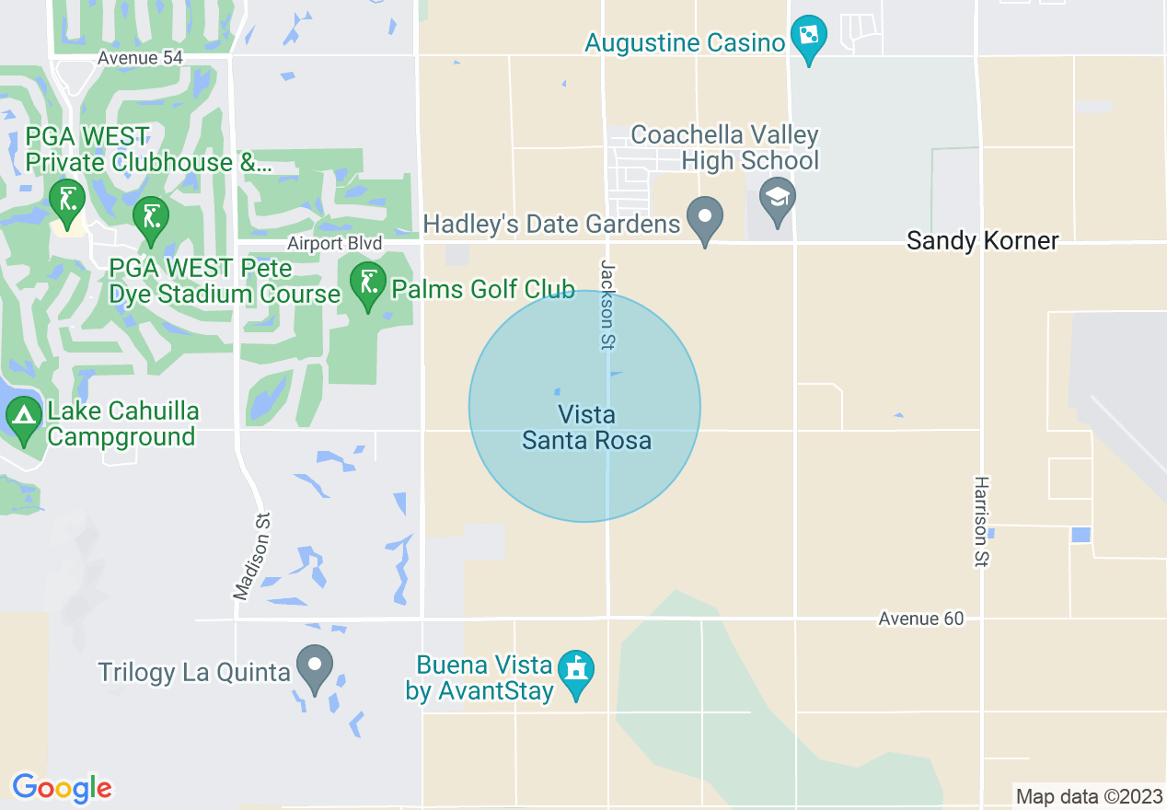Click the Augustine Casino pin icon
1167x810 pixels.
click(x=808, y=38)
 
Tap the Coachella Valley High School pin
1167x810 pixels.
click(x=778, y=200)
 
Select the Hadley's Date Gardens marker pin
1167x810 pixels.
click(x=705, y=219)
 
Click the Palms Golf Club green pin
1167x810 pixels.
click(x=368, y=283)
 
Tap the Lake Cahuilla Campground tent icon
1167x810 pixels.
click(x=24, y=418)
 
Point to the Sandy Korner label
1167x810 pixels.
click(x=982, y=241)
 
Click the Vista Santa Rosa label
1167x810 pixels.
click(x=586, y=428)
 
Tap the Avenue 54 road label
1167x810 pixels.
click(x=141, y=58)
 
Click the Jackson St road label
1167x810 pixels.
click(x=607, y=304)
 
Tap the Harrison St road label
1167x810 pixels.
click(x=982, y=521)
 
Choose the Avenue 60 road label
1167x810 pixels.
click(x=920, y=619)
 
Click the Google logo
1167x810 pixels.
click(x=62, y=788)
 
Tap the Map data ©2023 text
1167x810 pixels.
click(x=1088, y=795)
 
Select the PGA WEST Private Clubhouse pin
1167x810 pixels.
click(x=67, y=201)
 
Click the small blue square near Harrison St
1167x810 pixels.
click(x=1080, y=535)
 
